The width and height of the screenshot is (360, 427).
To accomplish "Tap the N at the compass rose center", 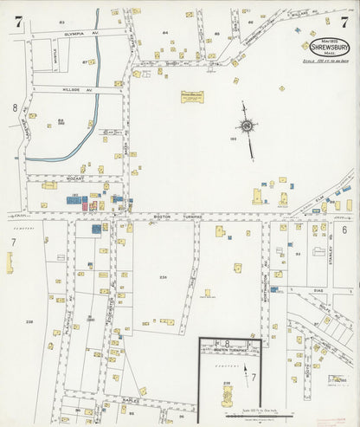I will [248, 126].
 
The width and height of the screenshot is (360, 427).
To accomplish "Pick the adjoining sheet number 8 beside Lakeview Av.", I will [15, 107].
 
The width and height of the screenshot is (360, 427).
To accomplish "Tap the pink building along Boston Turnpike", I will [85, 206].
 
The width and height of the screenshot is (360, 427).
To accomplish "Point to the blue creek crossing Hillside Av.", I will [93, 89].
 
